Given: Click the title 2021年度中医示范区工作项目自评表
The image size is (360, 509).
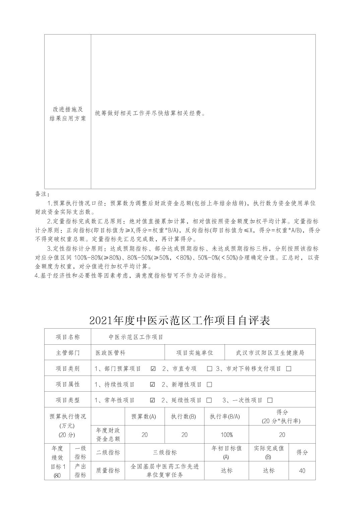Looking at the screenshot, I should click(x=180, y=321).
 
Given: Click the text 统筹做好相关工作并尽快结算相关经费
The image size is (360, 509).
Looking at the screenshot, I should click(x=150, y=113).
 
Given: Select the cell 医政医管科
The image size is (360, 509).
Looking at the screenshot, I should click(x=111, y=353).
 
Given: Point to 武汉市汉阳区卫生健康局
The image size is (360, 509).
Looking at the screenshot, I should click(x=270, y=353).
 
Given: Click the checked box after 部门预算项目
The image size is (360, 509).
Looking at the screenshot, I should click(x=153, y=369).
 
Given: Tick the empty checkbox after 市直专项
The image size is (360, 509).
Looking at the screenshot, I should click(x=210, y=369).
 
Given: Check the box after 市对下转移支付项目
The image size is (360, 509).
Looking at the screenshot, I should click(x=289, y=369).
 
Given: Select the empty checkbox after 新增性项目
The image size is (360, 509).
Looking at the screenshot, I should click(x=209, y=385).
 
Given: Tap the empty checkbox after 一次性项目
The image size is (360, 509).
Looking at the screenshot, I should click(x=270, y=400).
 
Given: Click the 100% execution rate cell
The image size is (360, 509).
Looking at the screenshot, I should click(x=227, y=435).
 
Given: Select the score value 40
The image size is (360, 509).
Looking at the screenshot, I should click(x=302, y=471).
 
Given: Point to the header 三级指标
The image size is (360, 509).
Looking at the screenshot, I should click(x=165, y=452).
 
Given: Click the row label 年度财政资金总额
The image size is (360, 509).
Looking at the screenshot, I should click(x=108, y=435).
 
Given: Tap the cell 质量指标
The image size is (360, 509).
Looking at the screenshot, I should click(x=108, y=471).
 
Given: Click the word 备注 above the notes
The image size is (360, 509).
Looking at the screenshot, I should click(x=42, y=194).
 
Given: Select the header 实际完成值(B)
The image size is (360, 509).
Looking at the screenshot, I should click(x=268, y=452).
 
